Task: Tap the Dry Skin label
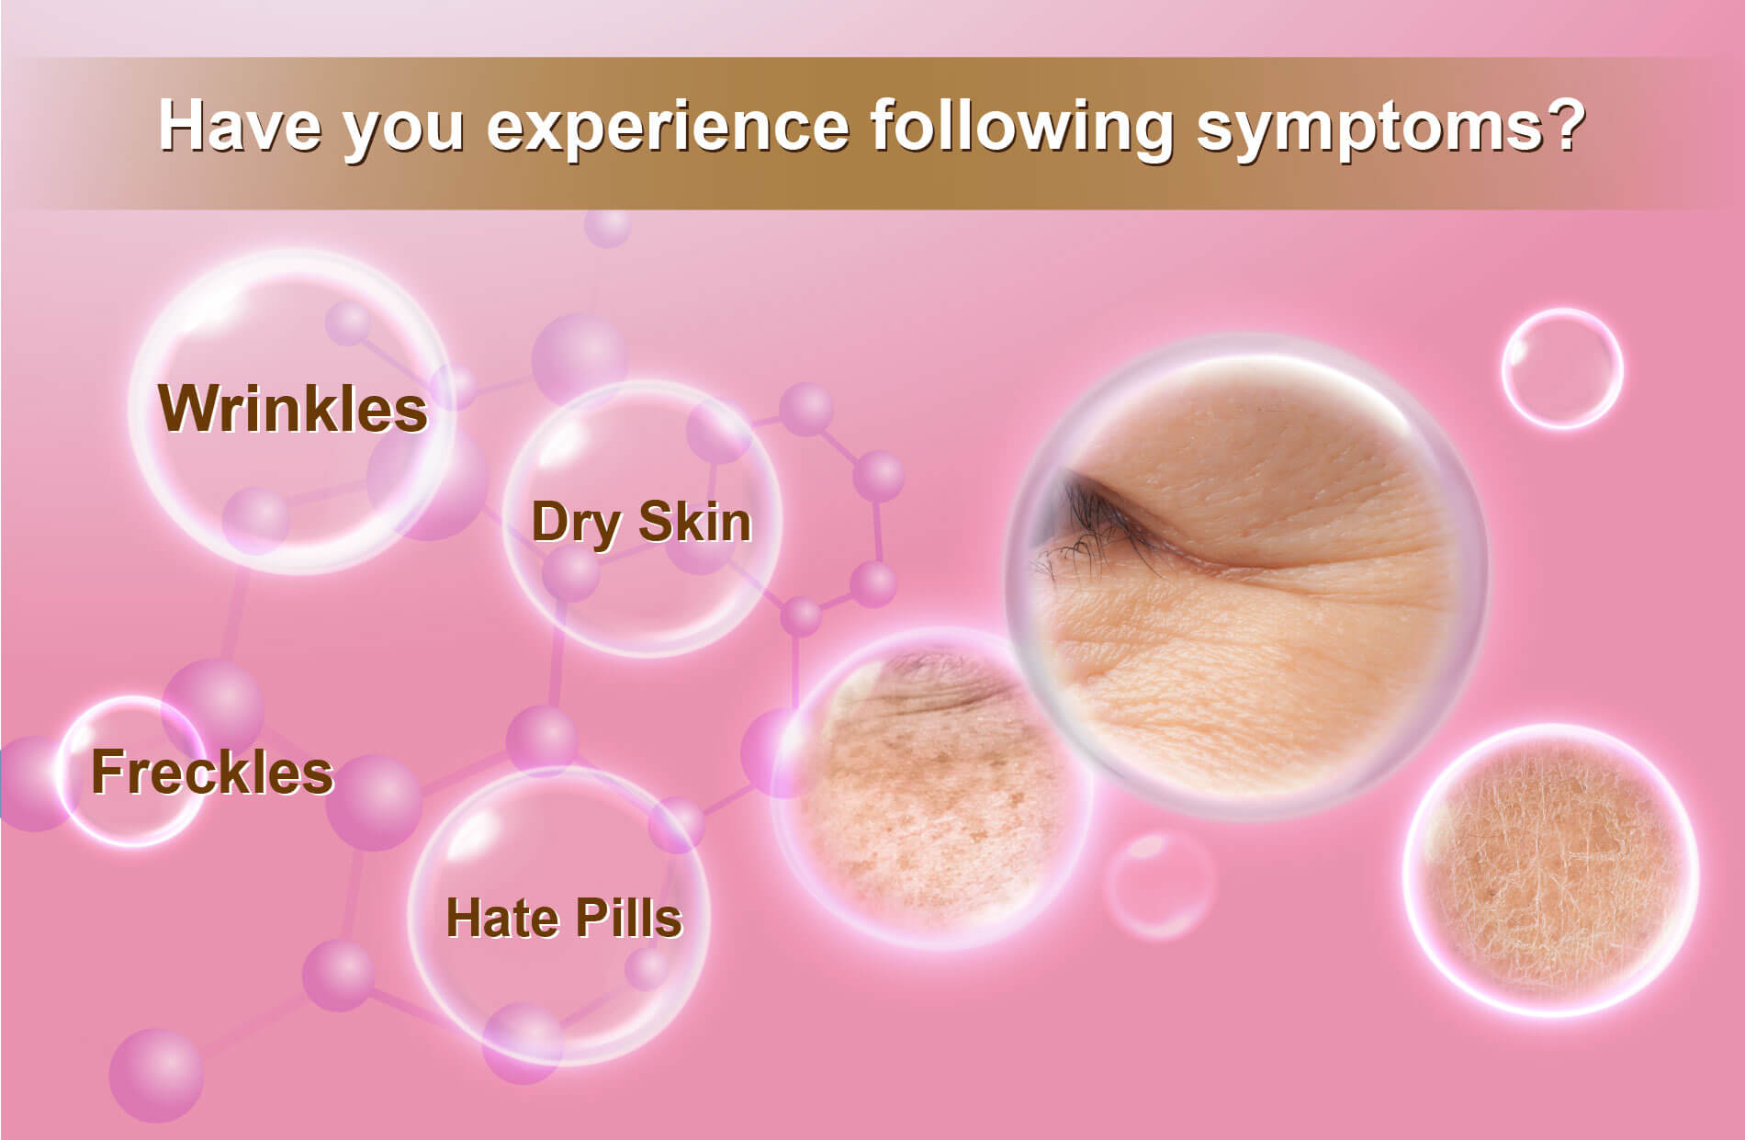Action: (x=641, y=524)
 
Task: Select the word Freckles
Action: (x=212, y=772)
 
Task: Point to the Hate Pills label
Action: (x=564, y=918)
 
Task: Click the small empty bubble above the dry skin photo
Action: (x=1562, y=368)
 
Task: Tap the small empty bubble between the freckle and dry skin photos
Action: (x=1159, y=886)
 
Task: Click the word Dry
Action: (x=574, y=525)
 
